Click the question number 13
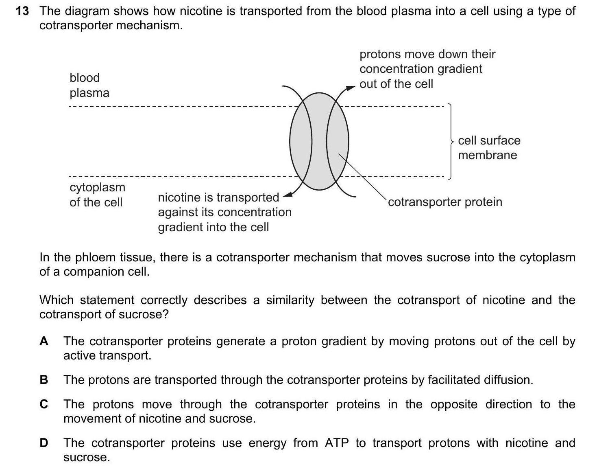[x=22, y=11]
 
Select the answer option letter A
[x=44, y=341]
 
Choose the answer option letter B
[x=44, y=380]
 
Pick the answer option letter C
[x=44, y=404]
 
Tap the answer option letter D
[x=44, y=443]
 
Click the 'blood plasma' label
[x=89, y=85]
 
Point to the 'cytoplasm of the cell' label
[x=97, y=195]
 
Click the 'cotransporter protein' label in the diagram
[x=445, y=202]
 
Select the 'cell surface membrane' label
[x=489, y=147]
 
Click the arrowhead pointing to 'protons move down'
[x=351, y=88]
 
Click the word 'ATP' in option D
[x=337, y=443]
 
